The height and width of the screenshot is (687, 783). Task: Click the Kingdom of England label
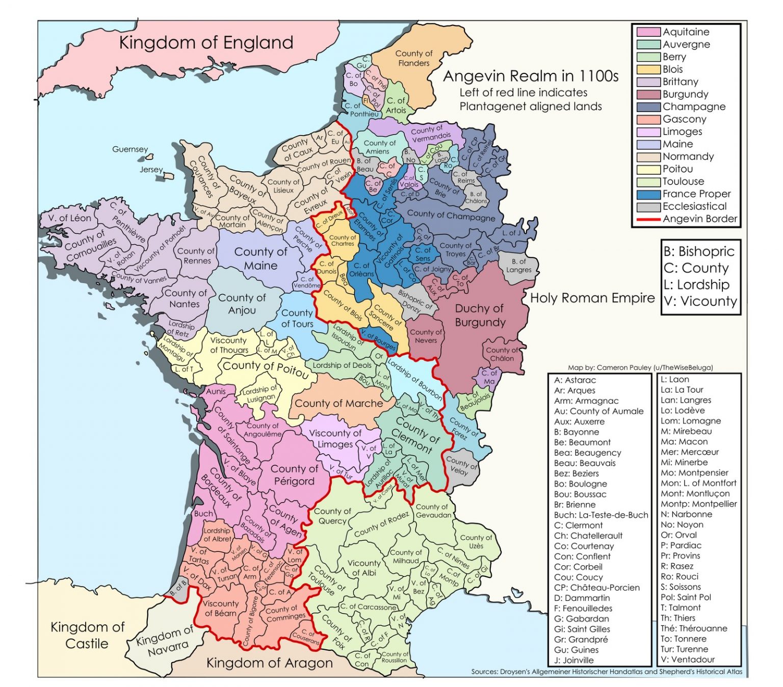(x=206, y=43)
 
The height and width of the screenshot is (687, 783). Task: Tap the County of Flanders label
(x=413, y=58)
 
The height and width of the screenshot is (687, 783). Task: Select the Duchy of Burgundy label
(x=480, y=315)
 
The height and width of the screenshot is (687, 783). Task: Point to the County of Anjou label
(x=242, y=304)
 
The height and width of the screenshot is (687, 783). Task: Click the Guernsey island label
(x=130, y=149)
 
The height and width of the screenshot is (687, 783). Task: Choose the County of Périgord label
(x=294, y=474)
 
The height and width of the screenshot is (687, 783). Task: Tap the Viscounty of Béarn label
(x=220, y=608)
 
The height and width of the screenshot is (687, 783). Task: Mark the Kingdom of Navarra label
(x=166, y=641)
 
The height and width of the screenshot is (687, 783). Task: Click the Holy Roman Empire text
(x=592, y=298)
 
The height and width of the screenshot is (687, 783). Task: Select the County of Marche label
(x=338, y=403)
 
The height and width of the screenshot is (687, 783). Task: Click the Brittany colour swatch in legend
(x=648, y=82)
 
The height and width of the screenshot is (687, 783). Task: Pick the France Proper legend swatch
(x=648, y=194)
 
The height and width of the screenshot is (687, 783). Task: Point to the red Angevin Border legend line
(x=648, y=219)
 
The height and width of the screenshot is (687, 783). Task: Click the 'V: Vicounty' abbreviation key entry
(x=700, y=301)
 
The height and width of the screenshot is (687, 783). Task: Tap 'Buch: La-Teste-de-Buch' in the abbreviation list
(x=601, y=515)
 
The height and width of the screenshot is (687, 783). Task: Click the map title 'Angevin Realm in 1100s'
(x=531, y=76)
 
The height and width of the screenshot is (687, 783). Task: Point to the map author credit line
(x=640, y=367)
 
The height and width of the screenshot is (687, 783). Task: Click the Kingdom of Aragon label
(x=269, y=663)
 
